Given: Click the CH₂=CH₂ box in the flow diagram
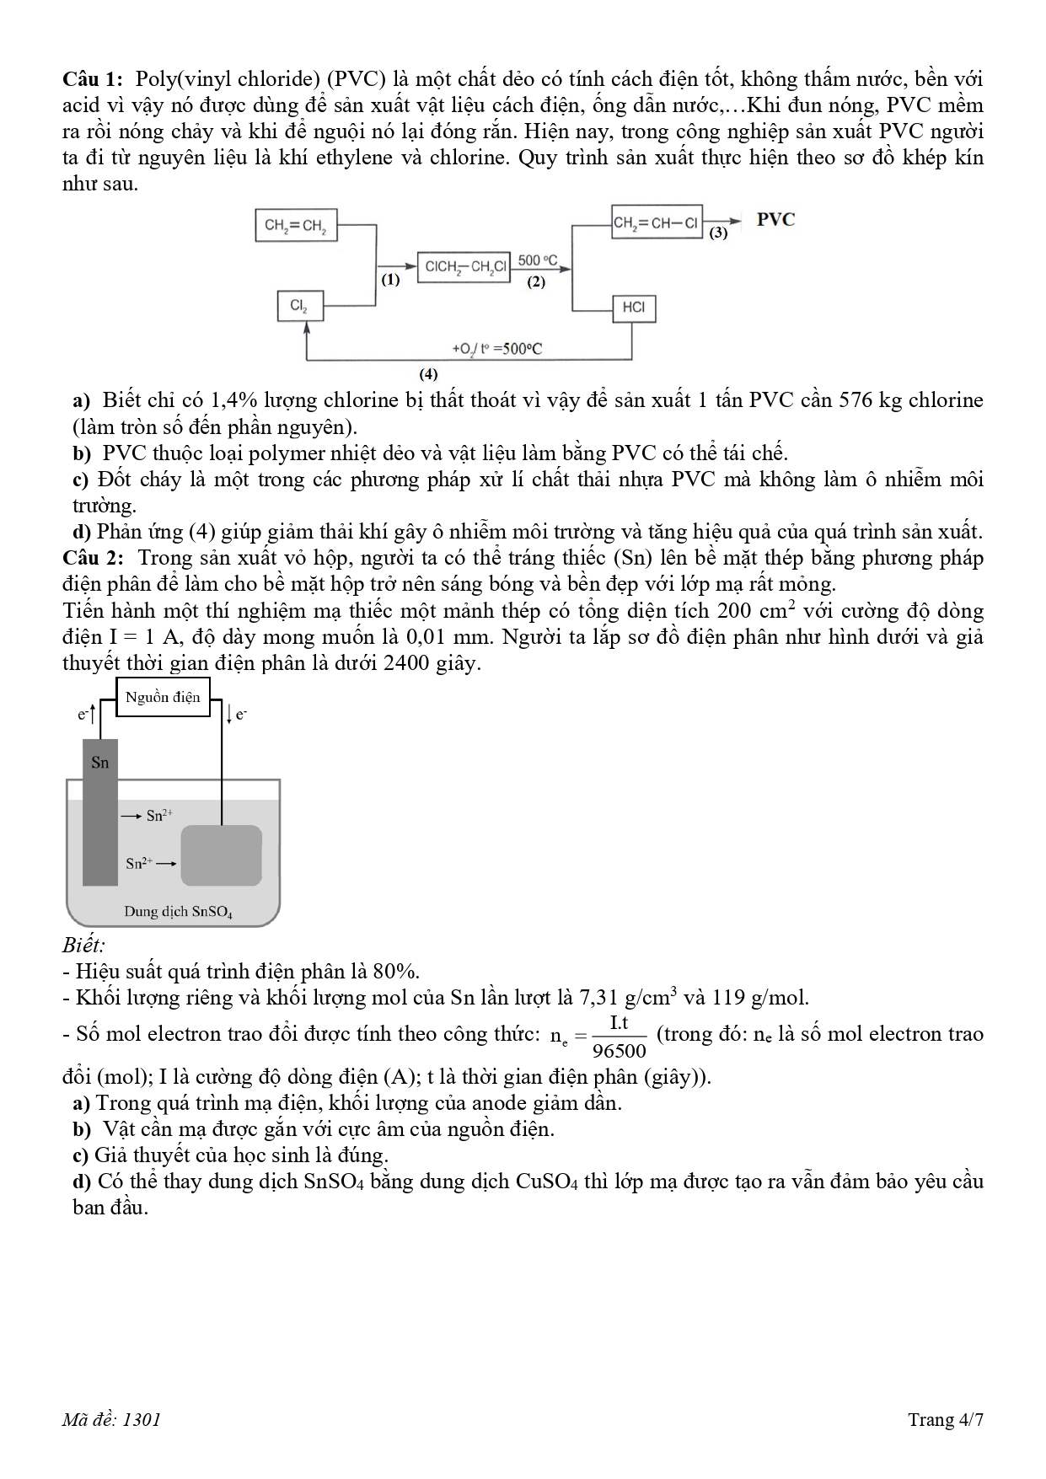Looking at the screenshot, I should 296,225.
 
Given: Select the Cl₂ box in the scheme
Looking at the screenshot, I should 299,306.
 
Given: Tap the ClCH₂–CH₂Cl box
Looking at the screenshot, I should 464,266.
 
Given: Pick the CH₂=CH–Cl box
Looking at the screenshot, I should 657,222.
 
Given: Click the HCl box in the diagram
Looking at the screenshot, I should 634,308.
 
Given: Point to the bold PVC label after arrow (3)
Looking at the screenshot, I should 775,220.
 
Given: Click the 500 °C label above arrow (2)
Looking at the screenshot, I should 537,260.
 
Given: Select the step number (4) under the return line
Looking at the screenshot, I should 428,372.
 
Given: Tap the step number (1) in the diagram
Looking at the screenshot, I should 389,281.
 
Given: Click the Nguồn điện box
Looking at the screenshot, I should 163,697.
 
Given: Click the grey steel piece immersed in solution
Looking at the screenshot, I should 222,855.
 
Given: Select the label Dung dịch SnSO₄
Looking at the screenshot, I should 178,911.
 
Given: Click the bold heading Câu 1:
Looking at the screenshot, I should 94,79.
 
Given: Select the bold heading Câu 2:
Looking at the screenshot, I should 94,558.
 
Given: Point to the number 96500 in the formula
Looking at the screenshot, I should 620,1050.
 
